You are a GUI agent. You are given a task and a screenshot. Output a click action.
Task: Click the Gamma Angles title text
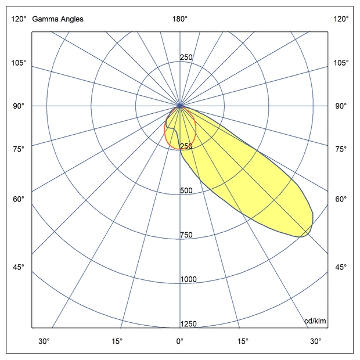(x=58, y=19)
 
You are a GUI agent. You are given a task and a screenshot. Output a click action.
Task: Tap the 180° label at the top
(x=180, y=19)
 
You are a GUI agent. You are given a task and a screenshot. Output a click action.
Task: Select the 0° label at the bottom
(x=180, y=341)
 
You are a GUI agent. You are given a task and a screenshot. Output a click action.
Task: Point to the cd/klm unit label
(x=315, y=321)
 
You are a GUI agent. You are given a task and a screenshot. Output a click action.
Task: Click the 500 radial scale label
(x=186, y=191)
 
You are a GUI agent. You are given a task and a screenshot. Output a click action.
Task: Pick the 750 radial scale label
(x=186, y=235)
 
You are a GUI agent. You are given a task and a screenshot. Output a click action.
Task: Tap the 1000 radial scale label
(x=189, y=280)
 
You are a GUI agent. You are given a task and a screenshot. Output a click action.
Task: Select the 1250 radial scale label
(x=189, y=324)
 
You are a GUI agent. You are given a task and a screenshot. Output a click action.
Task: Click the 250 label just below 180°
(x=186, y=57)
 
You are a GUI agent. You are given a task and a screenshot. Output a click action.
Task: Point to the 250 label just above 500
(x=186, y=146)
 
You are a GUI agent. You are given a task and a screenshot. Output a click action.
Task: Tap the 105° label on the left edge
(x=18, y=63)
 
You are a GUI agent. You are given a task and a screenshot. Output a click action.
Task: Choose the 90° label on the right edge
(x=341, y=106)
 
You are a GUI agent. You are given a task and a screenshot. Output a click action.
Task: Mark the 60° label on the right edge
(x=341, y=199)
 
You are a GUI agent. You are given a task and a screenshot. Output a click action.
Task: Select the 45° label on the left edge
(x=18, y=267)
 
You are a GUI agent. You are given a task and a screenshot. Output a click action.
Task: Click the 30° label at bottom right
(x=315, y=341)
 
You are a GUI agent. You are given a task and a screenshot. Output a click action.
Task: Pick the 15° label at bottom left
(x=117, y=341)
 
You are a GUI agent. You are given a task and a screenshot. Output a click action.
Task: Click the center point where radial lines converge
(x=181, y=106)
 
